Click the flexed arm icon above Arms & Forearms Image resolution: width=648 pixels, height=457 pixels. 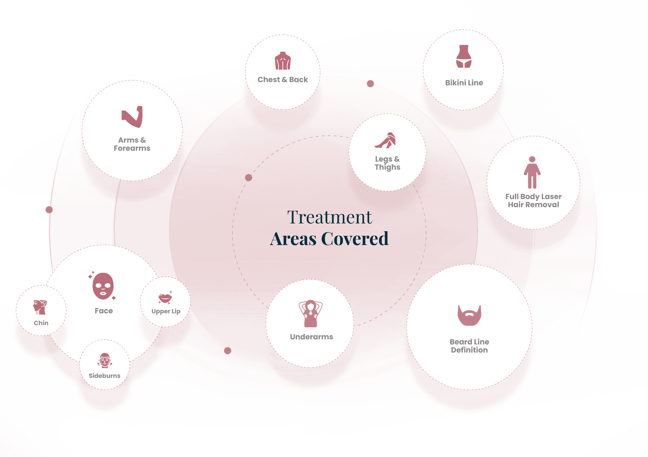(132, 117)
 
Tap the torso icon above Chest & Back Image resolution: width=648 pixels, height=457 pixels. (283, 61)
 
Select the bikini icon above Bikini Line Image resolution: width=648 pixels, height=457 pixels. (464, 56)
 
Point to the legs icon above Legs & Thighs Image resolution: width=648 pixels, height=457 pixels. (386, 140)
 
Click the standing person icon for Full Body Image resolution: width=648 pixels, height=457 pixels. (532, 172)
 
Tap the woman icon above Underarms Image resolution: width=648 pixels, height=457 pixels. (310, 313)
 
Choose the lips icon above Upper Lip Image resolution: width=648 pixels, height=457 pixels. (165, 298)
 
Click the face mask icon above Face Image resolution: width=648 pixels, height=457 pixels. (103, 286)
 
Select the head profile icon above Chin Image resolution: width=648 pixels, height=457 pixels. (40, 307)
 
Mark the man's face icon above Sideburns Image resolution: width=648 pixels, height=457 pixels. (105, 360)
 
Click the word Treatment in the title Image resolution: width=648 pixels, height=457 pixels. (329, 217)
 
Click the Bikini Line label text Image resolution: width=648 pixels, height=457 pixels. (464, 83)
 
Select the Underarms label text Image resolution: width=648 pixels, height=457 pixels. (311, 337)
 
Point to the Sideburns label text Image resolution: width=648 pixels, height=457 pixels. (104, 376)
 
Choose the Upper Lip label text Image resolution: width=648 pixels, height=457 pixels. (166, 311)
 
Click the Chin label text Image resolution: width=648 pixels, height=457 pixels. (41, 323)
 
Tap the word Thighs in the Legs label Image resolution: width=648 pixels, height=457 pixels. (387, 167)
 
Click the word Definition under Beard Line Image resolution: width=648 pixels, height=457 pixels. (469, 350)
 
